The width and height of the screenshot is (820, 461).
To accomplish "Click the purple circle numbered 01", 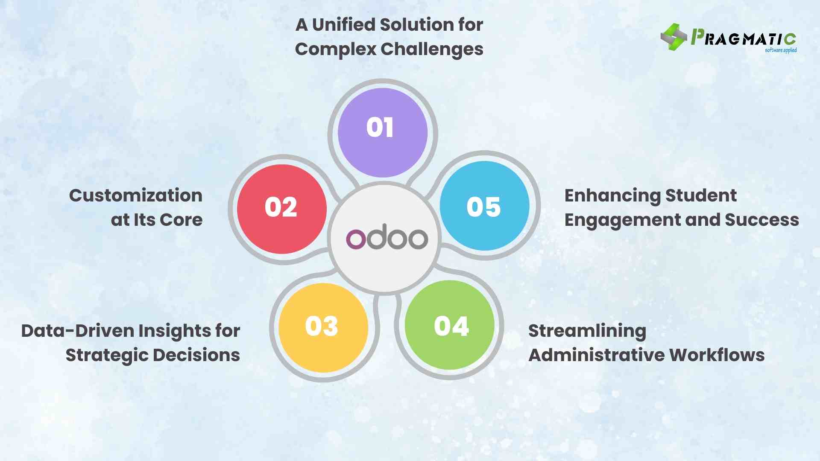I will pyautogui.click(x=382, y=132).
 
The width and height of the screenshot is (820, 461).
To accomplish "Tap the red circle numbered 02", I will pyautogui.click(x=282, y=209).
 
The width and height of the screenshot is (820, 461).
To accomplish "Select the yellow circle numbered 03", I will pyautogui.click(x=323, y=327).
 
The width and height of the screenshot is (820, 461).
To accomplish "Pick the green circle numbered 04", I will pyautogui.click(x=449, y=325).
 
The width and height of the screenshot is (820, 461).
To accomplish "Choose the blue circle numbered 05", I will pyautogui.click(x=484, y=206).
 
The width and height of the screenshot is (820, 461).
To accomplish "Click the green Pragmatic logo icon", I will pyautogui.click(x=674, y=37).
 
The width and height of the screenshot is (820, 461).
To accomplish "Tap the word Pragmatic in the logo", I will pyautogui.click(x=743, y=38).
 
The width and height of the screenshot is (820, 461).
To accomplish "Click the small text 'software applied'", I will pyautogui.click(x=780, y=50).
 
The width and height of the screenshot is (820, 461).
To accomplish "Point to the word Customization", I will pyautogui.click(x=136, y=195).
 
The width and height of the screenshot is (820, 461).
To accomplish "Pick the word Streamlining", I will pyautogui.click(x=587, y=331).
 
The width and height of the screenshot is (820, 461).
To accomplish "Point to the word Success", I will pyautogui.click(x=761, y=220).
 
